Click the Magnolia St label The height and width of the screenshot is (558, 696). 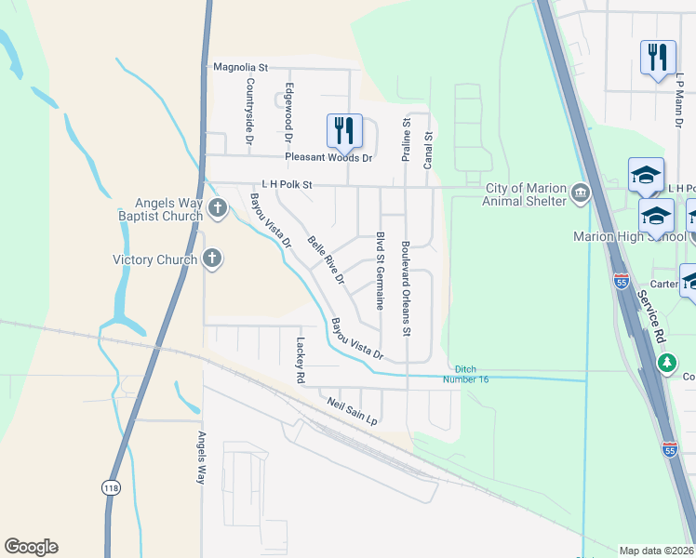pyautogui.click(x=240, y=67)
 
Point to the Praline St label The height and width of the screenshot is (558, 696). pyautogui.click(x=406, y=139)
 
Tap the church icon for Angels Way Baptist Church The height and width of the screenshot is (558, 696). pyautogui.click(x=218, y=207)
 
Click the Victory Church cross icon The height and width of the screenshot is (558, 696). pyautogui.click(x=211, y=259)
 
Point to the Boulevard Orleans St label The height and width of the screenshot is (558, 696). pyautogui.click(x=406, y=289)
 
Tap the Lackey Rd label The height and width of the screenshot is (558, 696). pyautogui.click(x=300, y=361)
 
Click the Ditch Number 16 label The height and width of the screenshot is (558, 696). pyautogui.click(x=471, y=374)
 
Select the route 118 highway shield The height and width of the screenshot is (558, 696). pyautogui.click(x=110, y=485)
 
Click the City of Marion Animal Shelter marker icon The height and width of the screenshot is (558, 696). pyautogui.click(x=581, y=193)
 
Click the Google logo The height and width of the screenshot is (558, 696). pyautogui.click(x=31, y=547)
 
